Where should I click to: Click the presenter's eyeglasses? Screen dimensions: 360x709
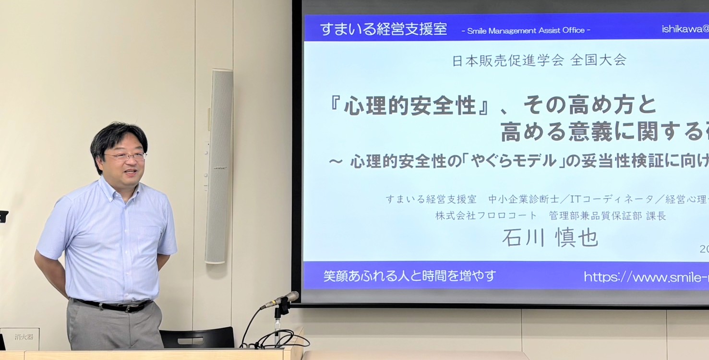[125, 156]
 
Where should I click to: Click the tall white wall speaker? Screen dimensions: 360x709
[219, 166]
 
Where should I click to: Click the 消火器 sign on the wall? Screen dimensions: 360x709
[23, 337]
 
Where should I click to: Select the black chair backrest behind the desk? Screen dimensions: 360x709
[197, 337]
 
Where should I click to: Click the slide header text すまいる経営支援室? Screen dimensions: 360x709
[383, 29]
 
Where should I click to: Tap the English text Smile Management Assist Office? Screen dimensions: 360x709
[526, 30]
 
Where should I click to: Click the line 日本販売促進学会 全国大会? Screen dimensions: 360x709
[539, 61]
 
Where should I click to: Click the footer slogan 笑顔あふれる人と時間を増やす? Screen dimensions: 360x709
[409, 276]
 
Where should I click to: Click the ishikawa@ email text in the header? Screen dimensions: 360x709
[685, 29]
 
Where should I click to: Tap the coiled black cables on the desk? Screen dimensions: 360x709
[281, 339]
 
